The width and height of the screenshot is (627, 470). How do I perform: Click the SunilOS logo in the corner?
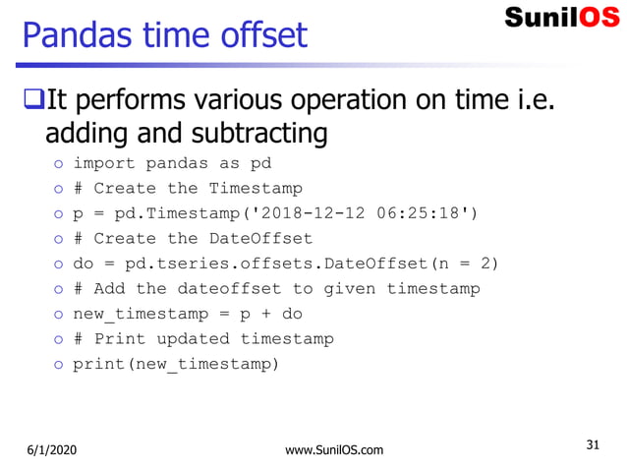(x=562, y=17)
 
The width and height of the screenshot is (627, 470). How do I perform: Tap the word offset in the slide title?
(x=267, y=35)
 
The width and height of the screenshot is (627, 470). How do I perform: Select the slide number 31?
(x=593, y=444)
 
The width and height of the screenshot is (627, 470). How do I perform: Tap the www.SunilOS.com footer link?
(x=333, y=450)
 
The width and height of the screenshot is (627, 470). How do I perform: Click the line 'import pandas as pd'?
(x=172, y=163)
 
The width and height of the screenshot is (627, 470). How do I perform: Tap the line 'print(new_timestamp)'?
(x=176, y=364)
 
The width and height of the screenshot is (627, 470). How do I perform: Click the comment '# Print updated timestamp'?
(x=203, y=338)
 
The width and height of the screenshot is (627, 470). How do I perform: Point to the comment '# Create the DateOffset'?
(x=193, y=238)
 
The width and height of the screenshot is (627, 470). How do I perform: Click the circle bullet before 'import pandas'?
(x=59, y=164)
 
